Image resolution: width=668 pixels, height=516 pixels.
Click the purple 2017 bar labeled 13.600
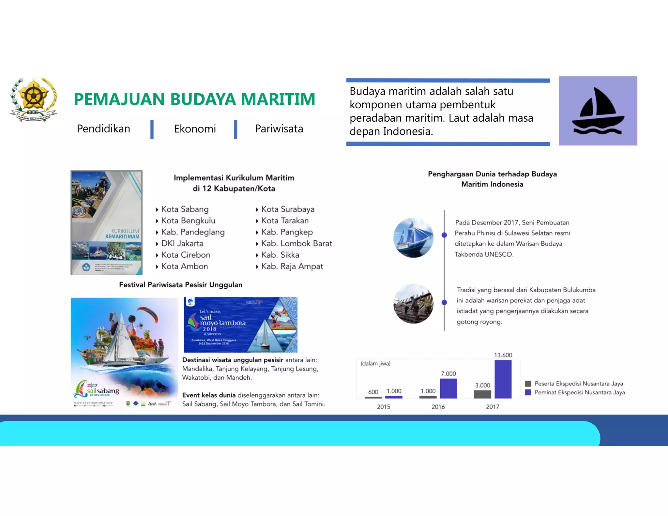coord(503,379)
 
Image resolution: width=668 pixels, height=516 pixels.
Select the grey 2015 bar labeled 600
coord(373,397)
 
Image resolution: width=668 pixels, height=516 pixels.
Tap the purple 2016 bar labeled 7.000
coord(448,388)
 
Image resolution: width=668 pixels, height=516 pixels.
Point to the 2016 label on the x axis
coord(438,407)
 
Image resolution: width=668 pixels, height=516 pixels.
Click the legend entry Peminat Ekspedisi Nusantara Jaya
coord(579,392)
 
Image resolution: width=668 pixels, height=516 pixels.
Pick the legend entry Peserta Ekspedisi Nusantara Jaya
coord(578,384)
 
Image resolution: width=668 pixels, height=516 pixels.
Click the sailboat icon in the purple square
coord(598,111)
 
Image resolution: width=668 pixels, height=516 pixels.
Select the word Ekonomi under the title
coord(195,129)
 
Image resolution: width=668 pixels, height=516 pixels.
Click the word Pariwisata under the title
coord(279,129)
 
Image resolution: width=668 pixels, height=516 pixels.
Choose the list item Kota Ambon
coord(184,266)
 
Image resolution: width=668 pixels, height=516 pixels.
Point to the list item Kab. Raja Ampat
coord(292,266)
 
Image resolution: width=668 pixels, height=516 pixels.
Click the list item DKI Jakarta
coord(182,243)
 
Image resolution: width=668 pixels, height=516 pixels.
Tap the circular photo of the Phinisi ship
coord(413,237)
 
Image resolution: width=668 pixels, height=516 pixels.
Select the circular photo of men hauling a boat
coord(413,303)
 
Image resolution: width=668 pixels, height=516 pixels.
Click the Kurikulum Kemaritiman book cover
coord(107,222)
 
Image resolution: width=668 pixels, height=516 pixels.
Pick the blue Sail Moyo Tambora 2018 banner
coord(240,325)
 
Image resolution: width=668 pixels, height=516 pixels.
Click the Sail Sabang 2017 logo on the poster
coord(98,390)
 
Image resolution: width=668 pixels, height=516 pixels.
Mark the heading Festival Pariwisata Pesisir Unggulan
coord(180,285)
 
